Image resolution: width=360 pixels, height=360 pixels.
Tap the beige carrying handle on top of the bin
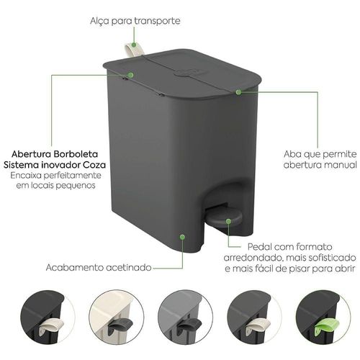coord(135,49)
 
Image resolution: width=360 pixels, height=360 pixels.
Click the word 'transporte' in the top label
coord(157,21)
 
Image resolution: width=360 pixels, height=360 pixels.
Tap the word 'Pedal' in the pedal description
coord(259,247)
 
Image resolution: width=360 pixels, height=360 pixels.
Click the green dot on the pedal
coord(228,221)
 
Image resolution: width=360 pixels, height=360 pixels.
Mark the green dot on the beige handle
coord(134,45)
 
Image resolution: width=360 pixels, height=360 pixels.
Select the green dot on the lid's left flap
coord(130,75)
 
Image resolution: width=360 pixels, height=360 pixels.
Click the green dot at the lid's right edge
coord(238,92)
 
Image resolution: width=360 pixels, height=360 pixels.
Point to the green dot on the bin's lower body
coord(182,237)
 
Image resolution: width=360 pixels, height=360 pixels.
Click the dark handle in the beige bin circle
coord(120,325)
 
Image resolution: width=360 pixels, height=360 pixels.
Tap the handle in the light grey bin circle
coord(188,325)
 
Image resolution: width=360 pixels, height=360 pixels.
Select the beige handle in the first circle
coord(51,327)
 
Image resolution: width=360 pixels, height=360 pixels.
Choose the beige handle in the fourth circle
coord(258,327)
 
